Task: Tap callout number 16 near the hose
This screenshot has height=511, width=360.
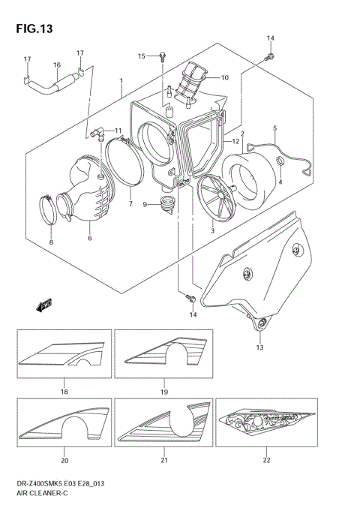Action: point(56,65)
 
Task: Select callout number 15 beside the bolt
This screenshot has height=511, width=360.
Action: point(141,56)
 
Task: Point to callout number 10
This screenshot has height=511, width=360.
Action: point(224,77)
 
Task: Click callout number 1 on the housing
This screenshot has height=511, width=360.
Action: point(121,80)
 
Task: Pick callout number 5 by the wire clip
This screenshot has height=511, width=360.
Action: point(275,128)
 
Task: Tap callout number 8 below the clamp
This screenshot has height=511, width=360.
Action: point(51,242)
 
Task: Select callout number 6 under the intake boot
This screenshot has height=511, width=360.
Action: point(89,238)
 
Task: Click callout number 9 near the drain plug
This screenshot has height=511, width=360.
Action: point(145,204)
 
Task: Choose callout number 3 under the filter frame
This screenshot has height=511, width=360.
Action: point(212,231)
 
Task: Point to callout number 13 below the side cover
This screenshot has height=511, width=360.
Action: point(259,347)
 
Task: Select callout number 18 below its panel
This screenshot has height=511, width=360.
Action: point(64,392)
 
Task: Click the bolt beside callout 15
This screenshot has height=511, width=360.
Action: point(163,55)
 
